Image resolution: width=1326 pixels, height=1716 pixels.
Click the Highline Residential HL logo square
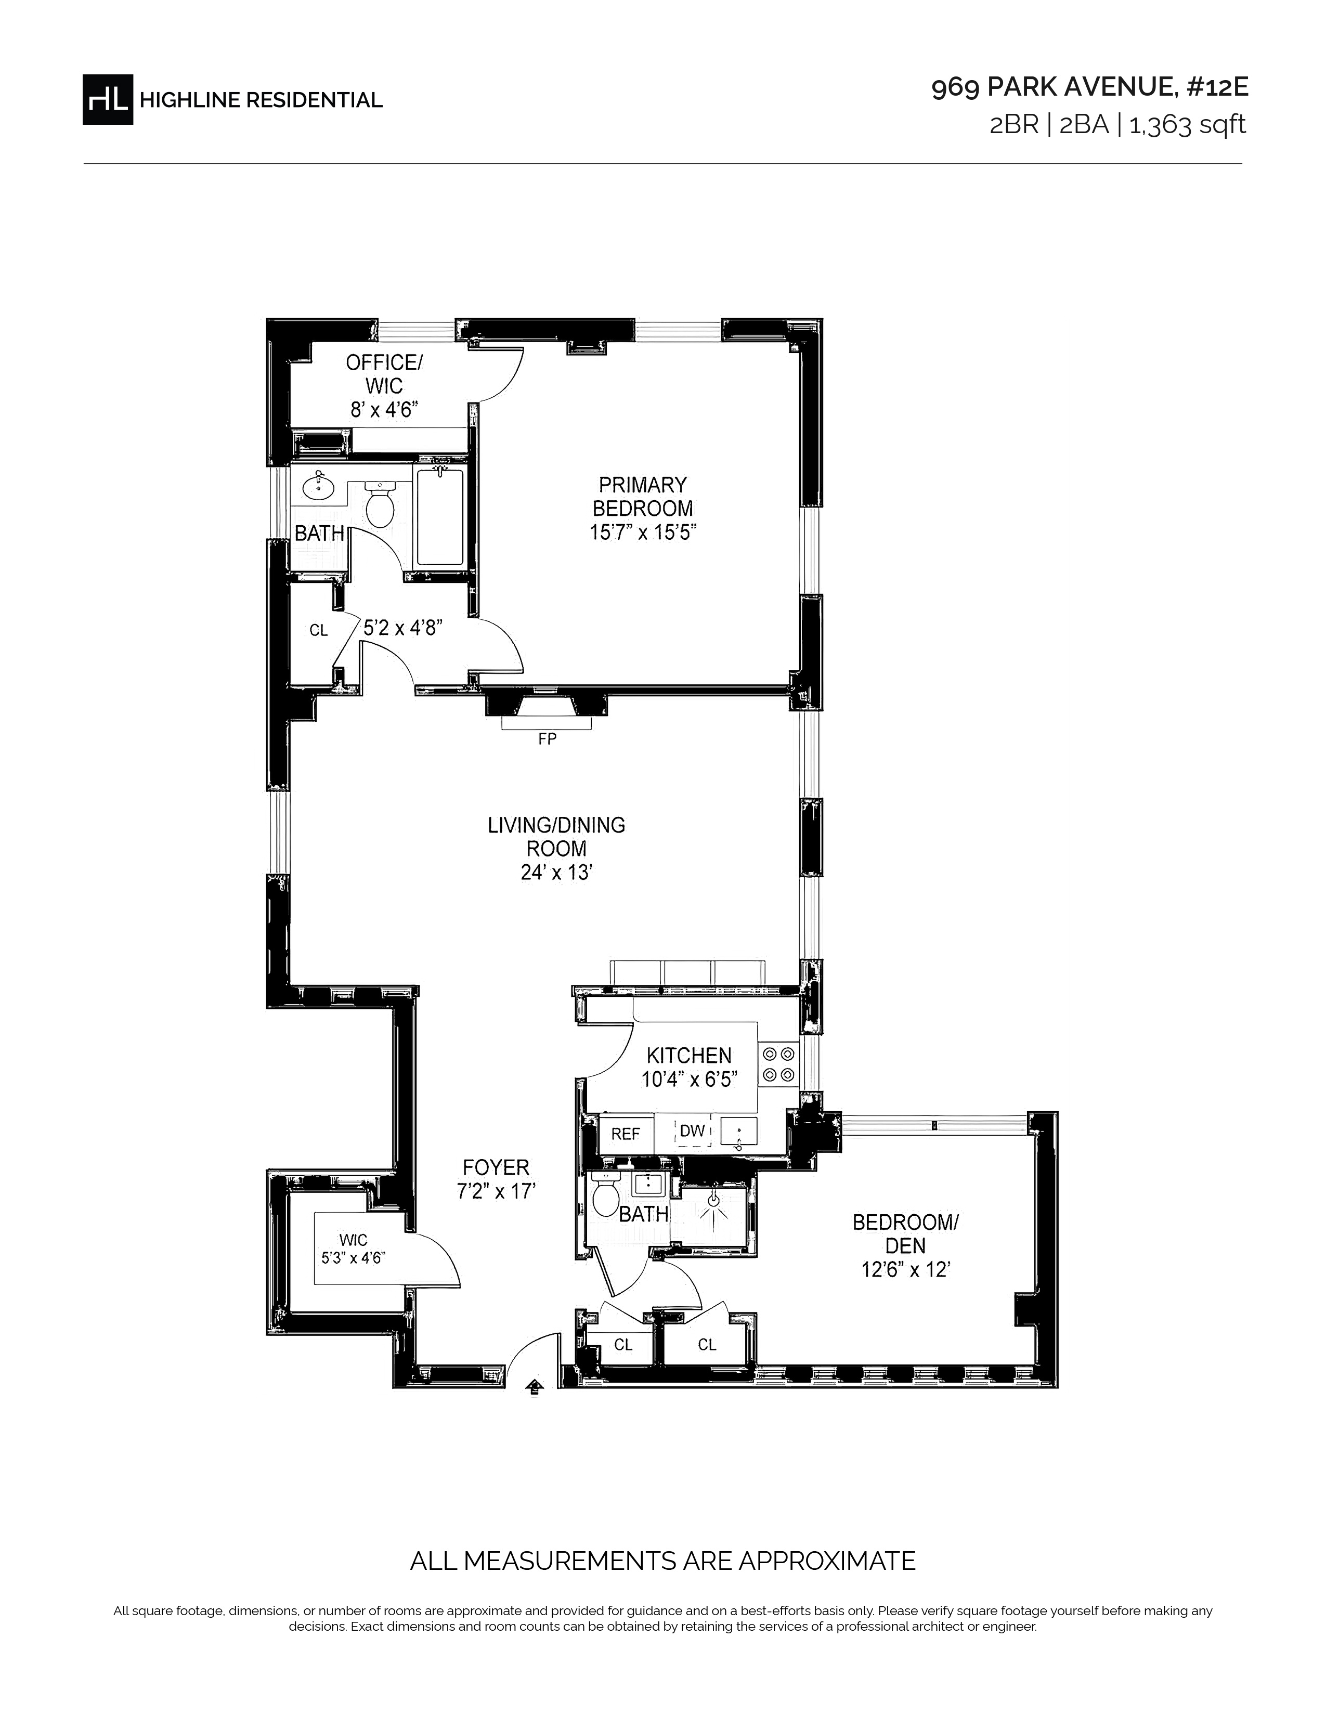[108, 99]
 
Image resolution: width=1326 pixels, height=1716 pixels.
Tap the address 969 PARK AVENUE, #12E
[1089, 88]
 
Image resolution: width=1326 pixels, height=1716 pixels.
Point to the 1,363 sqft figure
[1187, 125]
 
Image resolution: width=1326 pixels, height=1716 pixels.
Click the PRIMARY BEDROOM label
[643, 497]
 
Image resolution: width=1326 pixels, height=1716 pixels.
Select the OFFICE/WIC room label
[384, 374]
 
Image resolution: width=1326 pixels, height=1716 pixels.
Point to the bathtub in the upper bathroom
[440, 515]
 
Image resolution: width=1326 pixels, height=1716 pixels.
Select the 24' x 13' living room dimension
[555, 873]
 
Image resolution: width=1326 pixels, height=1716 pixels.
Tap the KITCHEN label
[689, 1055]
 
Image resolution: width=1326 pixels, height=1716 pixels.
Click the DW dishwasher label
[692, 1130]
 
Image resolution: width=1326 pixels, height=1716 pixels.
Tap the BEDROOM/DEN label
[906, 1233]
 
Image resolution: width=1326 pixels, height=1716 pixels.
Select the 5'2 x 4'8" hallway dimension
[403, 627]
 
